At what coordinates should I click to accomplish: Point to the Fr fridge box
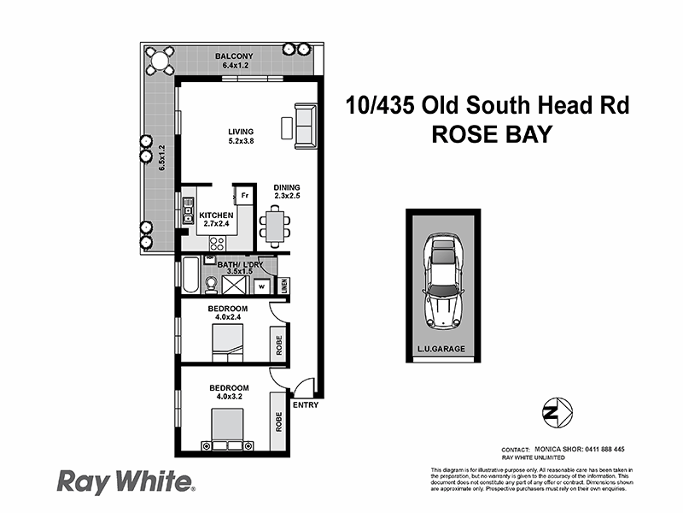[x=245, y=196]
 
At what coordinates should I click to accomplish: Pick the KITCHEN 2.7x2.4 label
[x=216, y=220]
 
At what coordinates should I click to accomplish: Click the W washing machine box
[x=263, y=285]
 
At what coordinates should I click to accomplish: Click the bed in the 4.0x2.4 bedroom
[x=228, y=342]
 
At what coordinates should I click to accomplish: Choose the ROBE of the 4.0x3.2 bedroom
[x=277, y=422]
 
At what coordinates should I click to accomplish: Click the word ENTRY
[x=305, y=404]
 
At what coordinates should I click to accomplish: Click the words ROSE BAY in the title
[x=489, y=134]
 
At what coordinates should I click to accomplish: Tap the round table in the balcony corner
[x=159, y=59]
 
